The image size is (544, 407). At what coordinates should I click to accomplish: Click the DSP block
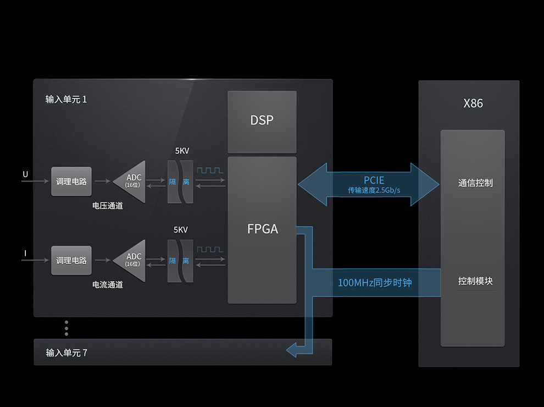tap(262, 121)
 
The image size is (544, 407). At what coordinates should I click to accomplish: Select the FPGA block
tap(262, 229)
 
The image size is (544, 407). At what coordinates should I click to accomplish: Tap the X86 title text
tap(473, 103)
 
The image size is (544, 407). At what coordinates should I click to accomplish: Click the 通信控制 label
tap(475, 183)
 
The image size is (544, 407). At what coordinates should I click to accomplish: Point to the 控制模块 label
tap(475, 281)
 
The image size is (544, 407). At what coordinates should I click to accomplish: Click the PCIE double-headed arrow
tap(369, 184)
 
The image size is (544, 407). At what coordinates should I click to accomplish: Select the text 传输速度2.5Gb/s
tap(374, 190)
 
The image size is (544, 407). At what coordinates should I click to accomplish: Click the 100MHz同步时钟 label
tap(374, 283)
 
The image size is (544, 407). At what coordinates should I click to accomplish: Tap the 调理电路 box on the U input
tap(71, 182)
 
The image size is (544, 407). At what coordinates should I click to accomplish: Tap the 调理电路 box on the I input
tap(71, 261)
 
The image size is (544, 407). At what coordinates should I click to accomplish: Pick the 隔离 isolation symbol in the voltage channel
tap(180, 182)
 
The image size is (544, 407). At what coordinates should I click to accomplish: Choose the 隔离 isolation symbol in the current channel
tap(180, 261)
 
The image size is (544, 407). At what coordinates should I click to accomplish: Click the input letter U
tap(25, 175)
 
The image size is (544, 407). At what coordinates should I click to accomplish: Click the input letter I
tap(25, 254)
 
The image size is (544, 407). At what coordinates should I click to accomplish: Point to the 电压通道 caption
tap(107, 206)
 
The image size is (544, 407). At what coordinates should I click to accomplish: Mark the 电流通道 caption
tap(107, 285)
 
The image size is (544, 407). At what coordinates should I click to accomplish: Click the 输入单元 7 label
tap(66, 353)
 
